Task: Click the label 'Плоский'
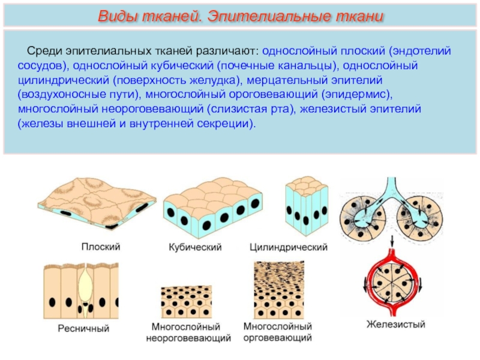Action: click(x=101, y=246)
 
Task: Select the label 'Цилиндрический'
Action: click(x=289, y=247)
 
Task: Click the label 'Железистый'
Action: click(x=396, y=325)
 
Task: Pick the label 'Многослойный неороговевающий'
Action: click(x=189, y=332)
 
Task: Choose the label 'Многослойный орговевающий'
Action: click(x=278, y=332)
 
